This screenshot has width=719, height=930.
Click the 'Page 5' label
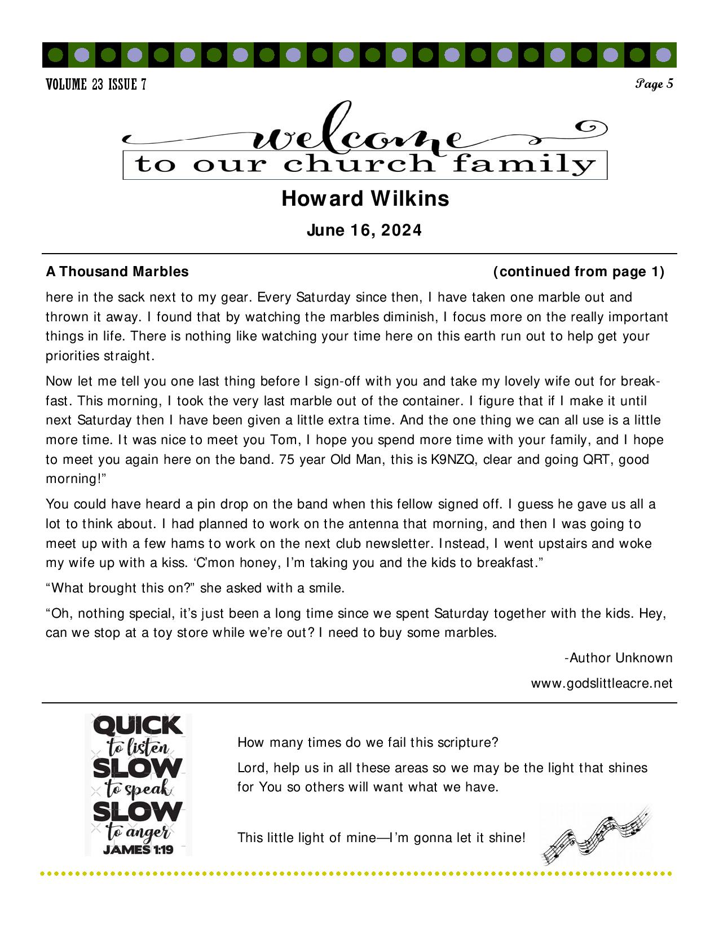pyautogui.click(x=654, y=84)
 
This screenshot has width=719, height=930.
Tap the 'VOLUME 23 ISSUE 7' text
pyautogui.click(x=96, y=85)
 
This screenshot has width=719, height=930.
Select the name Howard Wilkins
pyautogui.click(x=365, y=198)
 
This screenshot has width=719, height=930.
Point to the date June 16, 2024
pyautogui.click(x=364, y=231)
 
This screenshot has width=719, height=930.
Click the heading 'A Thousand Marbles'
pyautogui.click(x=117, y=272)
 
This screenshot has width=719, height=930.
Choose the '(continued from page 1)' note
pyautogui.click(x=579, y=272)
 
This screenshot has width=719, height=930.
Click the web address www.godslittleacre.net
pyautogui.click(x=602, y=683)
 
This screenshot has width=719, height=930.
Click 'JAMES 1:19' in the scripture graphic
pyautogui.click(x=138, y=849)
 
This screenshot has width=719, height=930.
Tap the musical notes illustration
pyautogui.click(x=596, y=834)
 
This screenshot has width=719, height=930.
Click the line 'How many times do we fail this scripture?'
pyautogui.click(x=368, y=742)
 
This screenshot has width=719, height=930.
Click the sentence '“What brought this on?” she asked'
pyautogui.click(x=195, y=588)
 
